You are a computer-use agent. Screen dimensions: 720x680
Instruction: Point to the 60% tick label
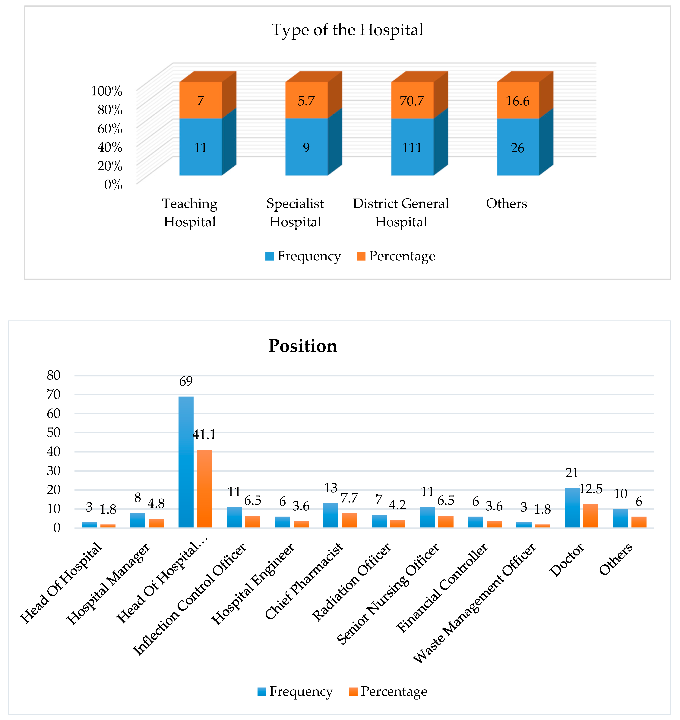pyautogui.click(x=110, y=128)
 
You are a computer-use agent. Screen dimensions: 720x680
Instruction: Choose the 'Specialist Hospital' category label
pyautogui.click(x=295, y=213)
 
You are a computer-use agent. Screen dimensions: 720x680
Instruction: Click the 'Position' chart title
pyautogui.click(x=303, y=346)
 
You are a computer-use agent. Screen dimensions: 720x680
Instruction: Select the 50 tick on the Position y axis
pyautogui.click(x=54, y=432)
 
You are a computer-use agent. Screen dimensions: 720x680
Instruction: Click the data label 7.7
pyautogui.click(x=349, y=498)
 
